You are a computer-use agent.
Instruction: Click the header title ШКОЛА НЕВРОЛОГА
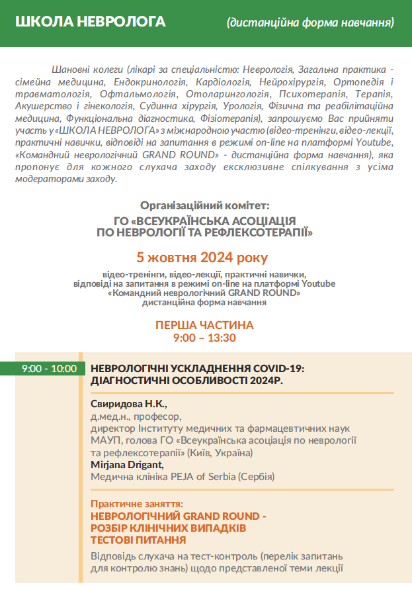(90, 23)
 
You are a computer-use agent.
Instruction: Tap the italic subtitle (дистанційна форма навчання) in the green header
(310, 23)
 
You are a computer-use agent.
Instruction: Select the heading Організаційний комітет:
(205, 205)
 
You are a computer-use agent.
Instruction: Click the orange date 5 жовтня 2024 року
(202, 257)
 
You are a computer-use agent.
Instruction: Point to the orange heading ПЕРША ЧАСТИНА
(204, 326)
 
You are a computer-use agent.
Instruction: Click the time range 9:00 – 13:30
(204, 338)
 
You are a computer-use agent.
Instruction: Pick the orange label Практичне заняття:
(136, 504)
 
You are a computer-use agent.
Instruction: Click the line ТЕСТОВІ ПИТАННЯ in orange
(138, 540)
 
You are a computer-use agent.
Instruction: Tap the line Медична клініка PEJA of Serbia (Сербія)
(182, 477)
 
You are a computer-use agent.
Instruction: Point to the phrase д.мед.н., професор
(135, 417)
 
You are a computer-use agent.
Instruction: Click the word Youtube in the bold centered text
(316, 283)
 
